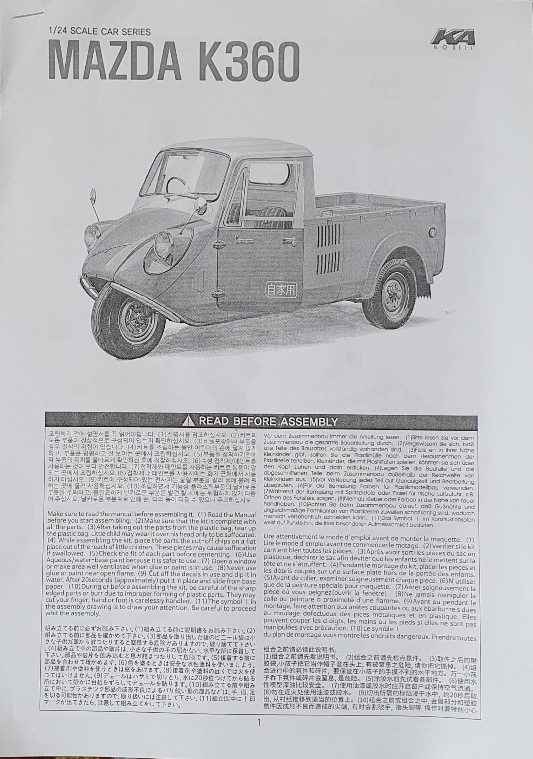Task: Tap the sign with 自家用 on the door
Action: point(281,290)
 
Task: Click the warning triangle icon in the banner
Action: point(190,421)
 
